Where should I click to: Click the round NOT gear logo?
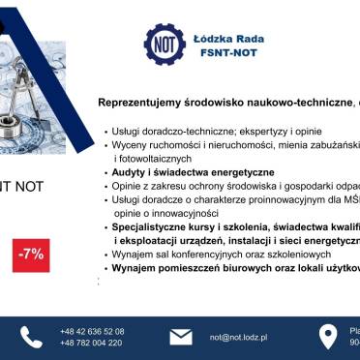click(165, 45)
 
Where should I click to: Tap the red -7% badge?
click(29, 254)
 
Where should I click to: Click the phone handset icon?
click(32, 337)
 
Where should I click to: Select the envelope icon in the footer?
click(181, 337)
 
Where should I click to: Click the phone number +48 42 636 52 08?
click(92, 331)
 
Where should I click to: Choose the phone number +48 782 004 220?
click(92, 344)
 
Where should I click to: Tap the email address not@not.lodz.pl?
click(238, 338)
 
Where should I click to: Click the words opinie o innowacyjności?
click(165, 212)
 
